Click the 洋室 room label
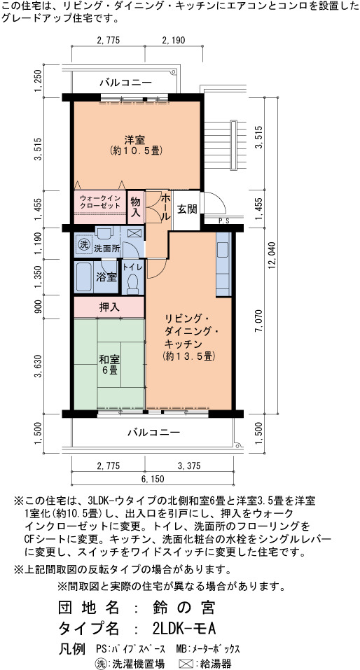pos(134,140)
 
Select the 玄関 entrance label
pos(187,210)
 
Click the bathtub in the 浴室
pos(84,277)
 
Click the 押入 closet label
pos(109,307)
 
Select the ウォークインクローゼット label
pos(100,202)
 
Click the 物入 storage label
pos(136,207)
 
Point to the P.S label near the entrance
pos(223,221)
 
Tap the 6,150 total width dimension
pos(152,479)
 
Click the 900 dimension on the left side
pos(39,307)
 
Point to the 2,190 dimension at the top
pos(173,41)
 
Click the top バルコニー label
pos(125,82)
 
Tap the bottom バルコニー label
pos(154,433)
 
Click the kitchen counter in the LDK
pos(223,265)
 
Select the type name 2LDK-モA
pos(184,629)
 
